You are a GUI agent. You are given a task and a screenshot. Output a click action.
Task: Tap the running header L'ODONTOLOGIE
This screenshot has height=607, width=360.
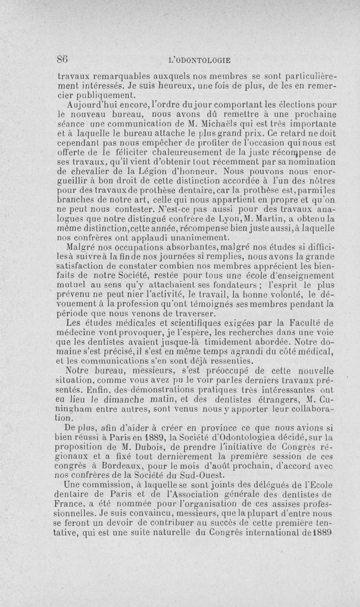point(198,59)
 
